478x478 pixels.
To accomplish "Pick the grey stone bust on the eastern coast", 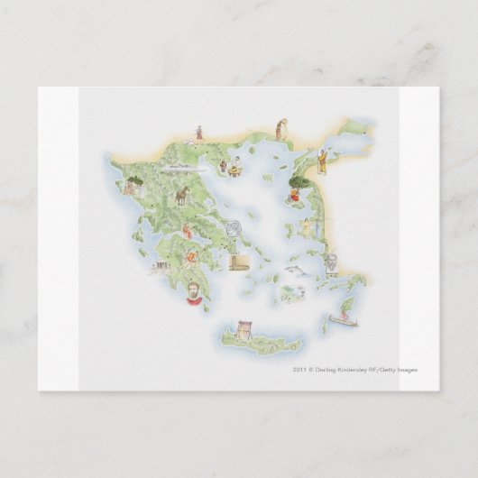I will (x=333, y=262).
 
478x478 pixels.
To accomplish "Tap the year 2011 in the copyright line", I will (x=299, y=370).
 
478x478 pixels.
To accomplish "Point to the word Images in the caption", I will (x=406, y=370).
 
